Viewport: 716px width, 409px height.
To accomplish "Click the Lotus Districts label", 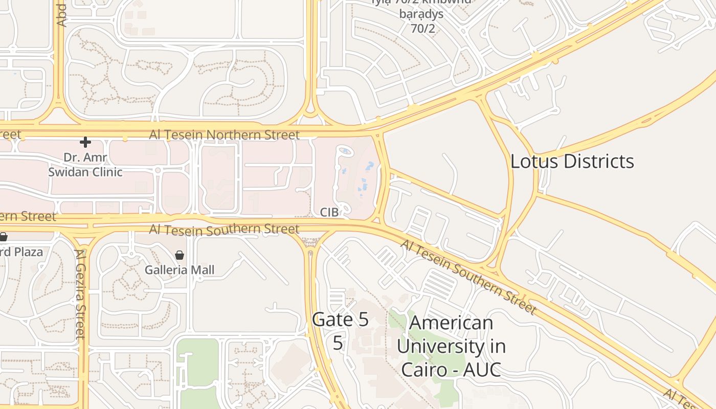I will (572, 162).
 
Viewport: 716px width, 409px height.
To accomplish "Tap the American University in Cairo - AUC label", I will (451, 346).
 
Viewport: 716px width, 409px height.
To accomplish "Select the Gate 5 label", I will (340, 320).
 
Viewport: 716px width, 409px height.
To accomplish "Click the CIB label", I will (329, 212).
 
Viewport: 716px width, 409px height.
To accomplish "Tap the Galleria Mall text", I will (180, 270).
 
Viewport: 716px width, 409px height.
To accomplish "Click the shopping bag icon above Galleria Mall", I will (180, 255).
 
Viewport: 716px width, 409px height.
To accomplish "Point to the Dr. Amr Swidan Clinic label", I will (85, 165).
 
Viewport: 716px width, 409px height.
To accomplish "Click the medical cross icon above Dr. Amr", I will (85, 142).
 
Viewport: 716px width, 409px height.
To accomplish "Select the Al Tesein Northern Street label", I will (224, 135).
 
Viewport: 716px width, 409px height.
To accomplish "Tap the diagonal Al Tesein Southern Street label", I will (468, 277).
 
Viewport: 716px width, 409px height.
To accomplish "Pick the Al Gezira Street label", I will (81, 293).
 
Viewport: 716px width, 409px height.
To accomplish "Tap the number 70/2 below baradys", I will (422, 28).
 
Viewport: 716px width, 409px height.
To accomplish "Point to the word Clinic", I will (105, 172).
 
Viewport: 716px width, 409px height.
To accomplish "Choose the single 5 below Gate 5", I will (338, 343).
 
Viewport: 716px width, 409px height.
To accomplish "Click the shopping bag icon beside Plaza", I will (3, 237).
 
